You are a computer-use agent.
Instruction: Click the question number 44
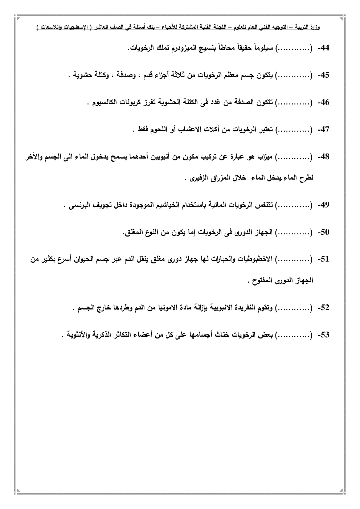click(x=323, y=48)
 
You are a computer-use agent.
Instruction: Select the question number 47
click(x=323, y=130)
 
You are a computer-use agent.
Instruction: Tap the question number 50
click(x=323, y=233)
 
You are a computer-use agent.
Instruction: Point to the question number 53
click(x=323, y=335)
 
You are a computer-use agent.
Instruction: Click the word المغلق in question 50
click(x=135, y=233)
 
